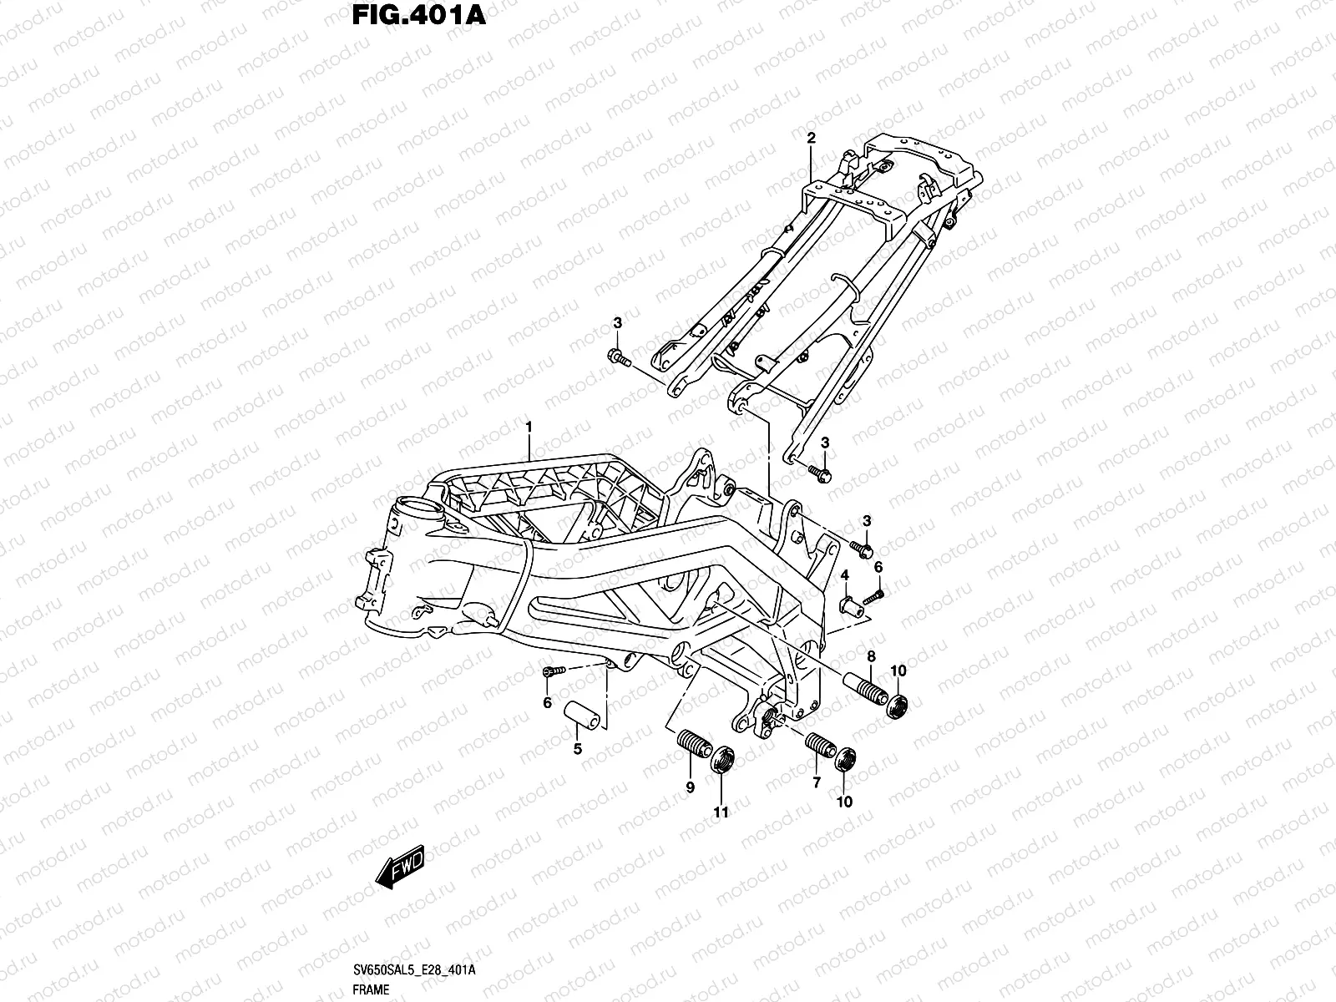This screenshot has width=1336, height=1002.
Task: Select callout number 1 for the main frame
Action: click(529, 428)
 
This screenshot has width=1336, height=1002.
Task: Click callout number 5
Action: click(577, 749)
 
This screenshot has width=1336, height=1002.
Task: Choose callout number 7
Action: click(817, 782)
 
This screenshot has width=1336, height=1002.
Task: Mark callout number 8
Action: click(870, 656)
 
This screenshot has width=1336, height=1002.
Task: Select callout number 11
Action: click(721, 811)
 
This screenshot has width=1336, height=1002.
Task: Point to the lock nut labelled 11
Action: click(722, 760)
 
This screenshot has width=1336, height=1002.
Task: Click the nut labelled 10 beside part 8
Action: click(898, 706)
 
